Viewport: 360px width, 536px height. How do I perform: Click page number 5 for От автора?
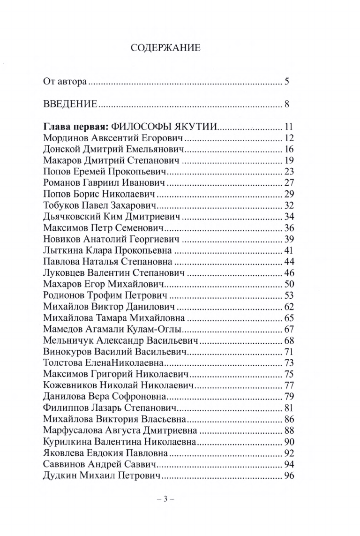286,83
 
